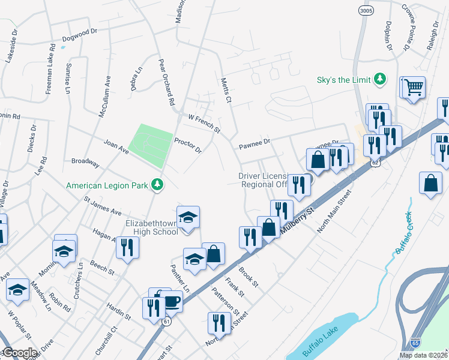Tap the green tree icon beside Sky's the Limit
[379, 79]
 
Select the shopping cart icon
[413, 87]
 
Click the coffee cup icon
[171, 301]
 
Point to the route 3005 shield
[364, 11]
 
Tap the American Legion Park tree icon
[157, 185]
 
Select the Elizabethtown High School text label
[152, 227]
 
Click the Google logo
[19, 353]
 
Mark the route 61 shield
[164, 322]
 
